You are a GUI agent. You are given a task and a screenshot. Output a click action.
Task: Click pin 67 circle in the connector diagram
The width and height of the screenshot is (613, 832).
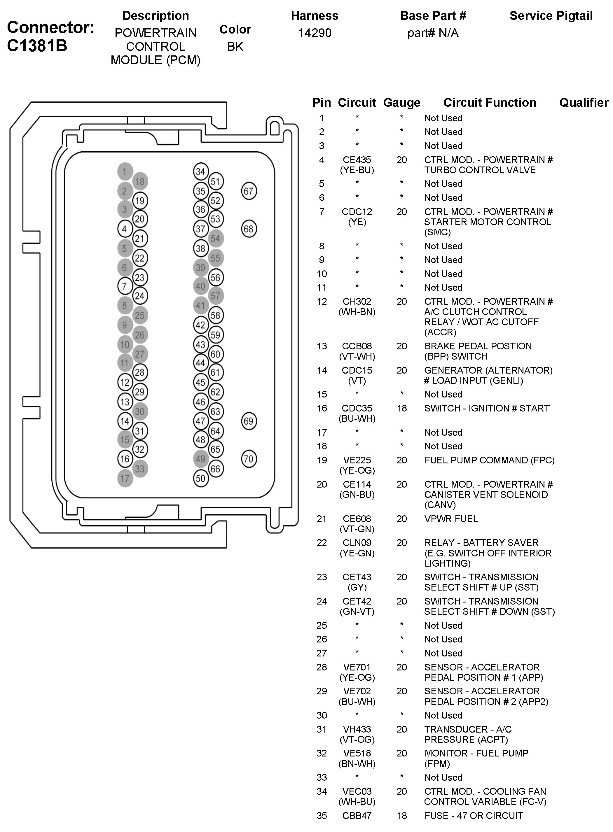(249, 191)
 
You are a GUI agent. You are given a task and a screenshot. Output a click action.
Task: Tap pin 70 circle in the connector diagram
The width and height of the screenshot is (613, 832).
(249, 459)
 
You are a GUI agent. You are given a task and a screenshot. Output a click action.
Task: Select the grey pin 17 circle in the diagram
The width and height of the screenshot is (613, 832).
(125, 479)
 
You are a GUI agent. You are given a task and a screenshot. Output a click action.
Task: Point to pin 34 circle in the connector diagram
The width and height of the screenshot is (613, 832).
(201, 172)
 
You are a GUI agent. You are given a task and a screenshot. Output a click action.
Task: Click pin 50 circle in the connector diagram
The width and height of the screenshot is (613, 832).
(201, 479)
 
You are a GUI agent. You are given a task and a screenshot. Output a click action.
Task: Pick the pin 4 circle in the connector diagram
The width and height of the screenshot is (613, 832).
(125, 229)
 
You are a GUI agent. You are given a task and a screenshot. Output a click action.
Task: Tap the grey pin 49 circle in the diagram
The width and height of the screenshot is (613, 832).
(201, 459)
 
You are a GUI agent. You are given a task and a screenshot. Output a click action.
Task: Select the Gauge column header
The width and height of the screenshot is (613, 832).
(401, 103)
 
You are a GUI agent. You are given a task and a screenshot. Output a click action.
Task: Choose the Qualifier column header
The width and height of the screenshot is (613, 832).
(583, 103)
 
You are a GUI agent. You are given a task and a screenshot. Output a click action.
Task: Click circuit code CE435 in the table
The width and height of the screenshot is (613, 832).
(357, 160)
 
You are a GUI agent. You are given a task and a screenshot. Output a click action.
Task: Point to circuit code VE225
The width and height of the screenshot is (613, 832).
(357, 460)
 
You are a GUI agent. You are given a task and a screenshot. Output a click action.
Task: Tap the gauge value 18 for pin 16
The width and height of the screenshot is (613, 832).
(401, 408)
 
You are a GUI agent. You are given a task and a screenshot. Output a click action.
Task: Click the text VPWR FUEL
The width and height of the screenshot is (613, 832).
(451, 519)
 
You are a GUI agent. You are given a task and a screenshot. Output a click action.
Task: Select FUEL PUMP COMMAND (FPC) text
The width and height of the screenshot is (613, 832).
(489, 460)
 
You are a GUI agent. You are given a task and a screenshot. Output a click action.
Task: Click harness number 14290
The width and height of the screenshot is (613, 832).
(315, 33)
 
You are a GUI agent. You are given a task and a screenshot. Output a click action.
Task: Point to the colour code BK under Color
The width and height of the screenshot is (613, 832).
(235, 47)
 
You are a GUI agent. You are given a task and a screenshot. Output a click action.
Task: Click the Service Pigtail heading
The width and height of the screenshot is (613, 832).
(551, 16)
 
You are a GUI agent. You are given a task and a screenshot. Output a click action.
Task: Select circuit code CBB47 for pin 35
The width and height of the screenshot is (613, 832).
(357, 816)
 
